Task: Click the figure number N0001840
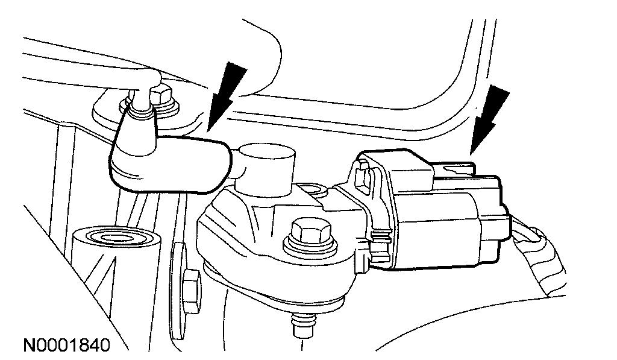(x=66, y=346)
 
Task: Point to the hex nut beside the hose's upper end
(x=161, y=97)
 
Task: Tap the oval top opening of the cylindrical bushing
(x=116, y=238)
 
